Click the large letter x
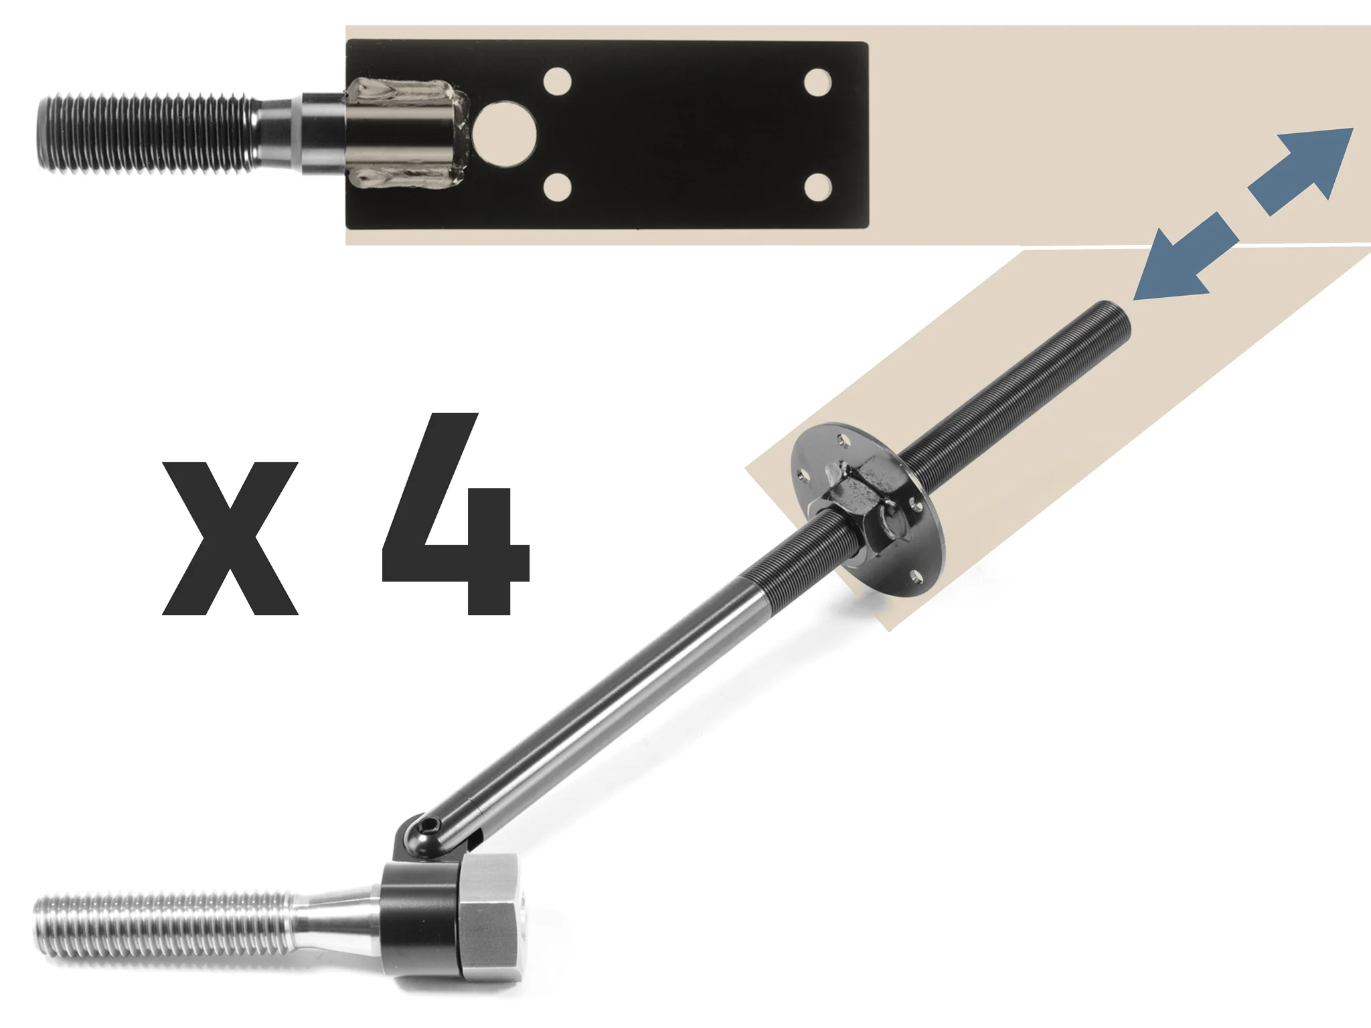230,538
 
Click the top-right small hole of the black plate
817,81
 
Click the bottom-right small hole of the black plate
817,187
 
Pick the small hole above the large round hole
558,82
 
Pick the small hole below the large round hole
558,187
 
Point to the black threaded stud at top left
147,134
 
